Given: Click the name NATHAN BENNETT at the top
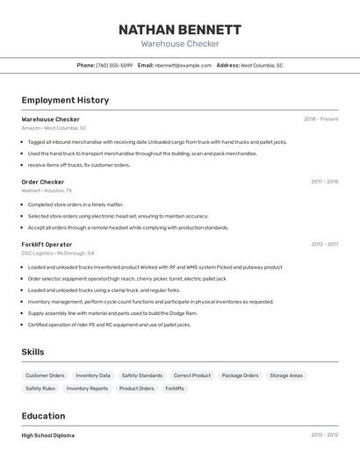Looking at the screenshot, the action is tap(180, 29).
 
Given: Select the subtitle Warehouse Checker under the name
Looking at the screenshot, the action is tap(180, 44).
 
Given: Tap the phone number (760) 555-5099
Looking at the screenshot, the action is tap(114, 65).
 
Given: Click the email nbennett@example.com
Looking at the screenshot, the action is tap(183, 65).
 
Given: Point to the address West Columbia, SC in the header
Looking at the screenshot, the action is tap(262, 65).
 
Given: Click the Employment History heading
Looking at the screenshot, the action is tap(65, 100).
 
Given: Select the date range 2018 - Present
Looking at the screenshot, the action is tap(320, 119).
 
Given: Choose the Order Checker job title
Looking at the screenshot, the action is tap(43, 182).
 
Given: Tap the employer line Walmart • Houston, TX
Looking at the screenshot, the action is tap(47, 190).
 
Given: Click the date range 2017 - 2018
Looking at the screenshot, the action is tap(324, 182).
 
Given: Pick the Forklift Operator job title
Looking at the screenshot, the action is tap(47, 244).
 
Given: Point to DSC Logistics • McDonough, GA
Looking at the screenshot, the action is tap(58, 253).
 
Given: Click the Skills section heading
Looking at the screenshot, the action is tap(33, 352).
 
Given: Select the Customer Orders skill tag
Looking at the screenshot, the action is tap(45, 376).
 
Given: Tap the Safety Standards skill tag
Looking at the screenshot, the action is tap(141, 376).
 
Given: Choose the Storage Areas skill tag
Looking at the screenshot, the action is tap(286, 376).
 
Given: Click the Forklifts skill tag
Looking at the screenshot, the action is tap(175, 388).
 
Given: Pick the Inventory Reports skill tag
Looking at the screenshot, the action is tap(87, 388).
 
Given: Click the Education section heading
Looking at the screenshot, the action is tap(43, 416).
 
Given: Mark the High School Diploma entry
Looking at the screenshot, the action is tap(48, 435).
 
